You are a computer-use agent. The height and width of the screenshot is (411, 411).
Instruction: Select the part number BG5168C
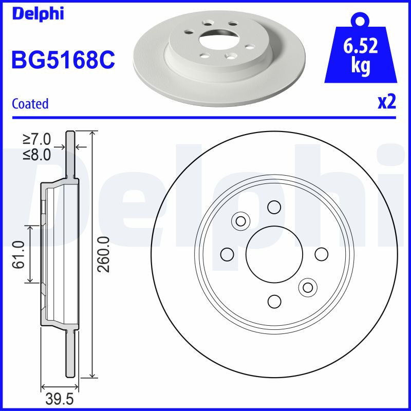63,61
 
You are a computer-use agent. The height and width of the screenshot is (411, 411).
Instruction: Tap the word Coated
30,104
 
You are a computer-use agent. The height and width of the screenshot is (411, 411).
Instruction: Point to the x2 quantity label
387,102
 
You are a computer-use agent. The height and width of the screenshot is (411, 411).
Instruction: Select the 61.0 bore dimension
20,254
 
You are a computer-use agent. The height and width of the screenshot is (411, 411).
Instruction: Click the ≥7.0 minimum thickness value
36,139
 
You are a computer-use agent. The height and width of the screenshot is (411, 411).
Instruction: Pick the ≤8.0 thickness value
36,155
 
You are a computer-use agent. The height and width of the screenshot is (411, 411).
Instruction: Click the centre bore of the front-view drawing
273,254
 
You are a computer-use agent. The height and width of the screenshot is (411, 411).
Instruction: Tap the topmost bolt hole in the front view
273,207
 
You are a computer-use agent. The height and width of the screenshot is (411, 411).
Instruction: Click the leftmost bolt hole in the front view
226,254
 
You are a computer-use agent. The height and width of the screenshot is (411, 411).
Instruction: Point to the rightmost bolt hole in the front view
321,254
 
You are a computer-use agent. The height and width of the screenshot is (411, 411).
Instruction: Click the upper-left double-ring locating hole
240,221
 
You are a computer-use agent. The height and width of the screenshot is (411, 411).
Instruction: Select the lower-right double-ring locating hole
307,287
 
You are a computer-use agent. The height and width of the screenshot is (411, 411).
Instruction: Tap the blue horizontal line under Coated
206,117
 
